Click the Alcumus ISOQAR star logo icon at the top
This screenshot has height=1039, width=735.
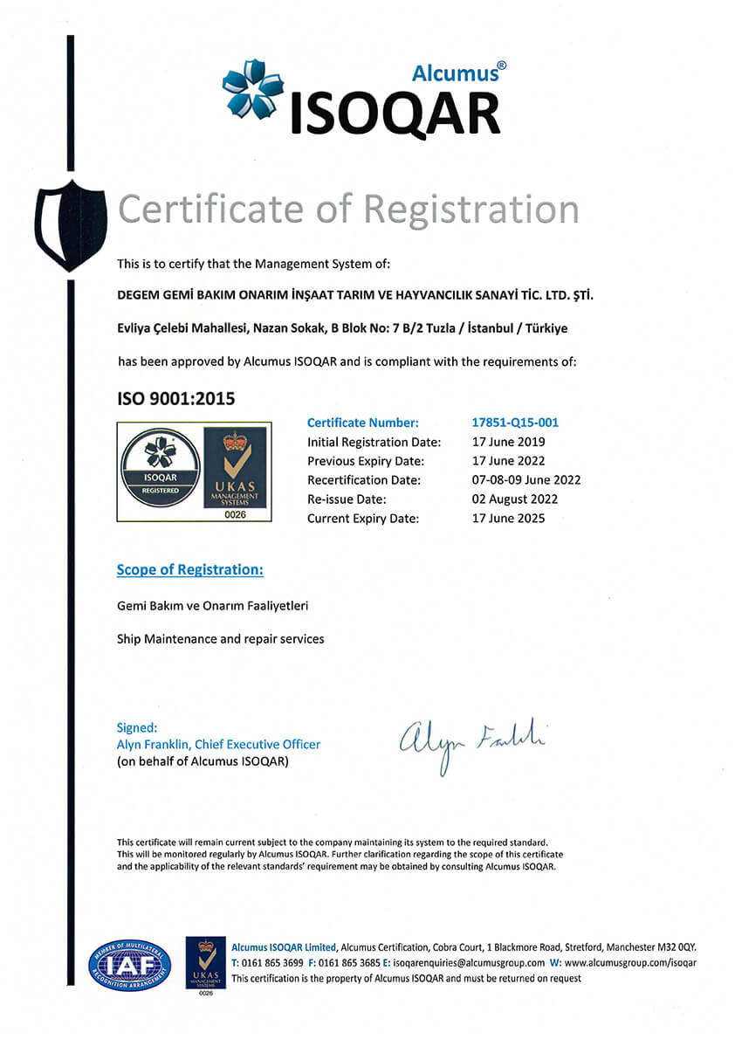pyautogui.click(x=253, y=88)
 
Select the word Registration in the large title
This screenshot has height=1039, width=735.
pyautogui.click(x=471, y=210)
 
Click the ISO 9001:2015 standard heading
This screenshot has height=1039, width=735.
pyautogui.click(x=176, y=399)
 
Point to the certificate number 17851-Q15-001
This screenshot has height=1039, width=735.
pyautogui.click(x=515, y=423)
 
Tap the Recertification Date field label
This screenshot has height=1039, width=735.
pyautogui.click(x=364, y=480)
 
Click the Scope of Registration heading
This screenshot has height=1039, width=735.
pyautogui.click(x=190, y=570)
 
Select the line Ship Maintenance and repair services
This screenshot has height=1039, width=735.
pyautogui.click(x=220, y=639)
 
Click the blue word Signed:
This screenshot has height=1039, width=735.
pyautogui.click(x=137, y=727)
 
